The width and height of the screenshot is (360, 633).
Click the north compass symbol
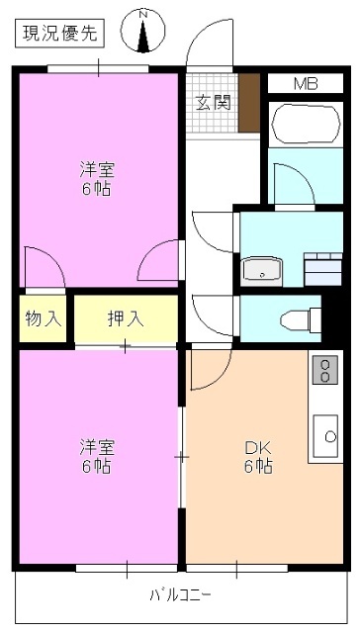[x=144, y=32]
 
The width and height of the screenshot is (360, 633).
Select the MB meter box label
[x=305, y=83]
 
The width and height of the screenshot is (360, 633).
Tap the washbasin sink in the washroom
[x=262, y=268]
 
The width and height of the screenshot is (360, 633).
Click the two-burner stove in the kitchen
[x=323, y=370]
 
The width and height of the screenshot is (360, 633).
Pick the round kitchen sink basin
[x=323, y=431]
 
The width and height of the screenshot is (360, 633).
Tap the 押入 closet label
[x=126, y=318]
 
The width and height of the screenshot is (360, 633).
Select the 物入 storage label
[x=43, y=318]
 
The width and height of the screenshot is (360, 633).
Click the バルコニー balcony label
[x=180, y=595]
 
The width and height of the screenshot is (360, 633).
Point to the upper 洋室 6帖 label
[x=96, y=177]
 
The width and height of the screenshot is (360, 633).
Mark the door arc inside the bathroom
[x=292, y=184]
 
